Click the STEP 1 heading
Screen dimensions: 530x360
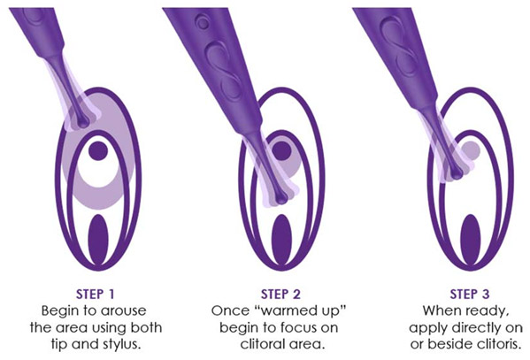tap(96, 294)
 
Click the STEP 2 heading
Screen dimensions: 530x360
tap(280, 294)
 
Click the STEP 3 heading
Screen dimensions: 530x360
tap(470, 294)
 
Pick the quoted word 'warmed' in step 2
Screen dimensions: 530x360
tap(285, 310)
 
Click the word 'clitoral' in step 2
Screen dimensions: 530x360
tap(264, 344)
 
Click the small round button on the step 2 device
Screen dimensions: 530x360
tap(203, 23)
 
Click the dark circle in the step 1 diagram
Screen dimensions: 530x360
tap(98, 150)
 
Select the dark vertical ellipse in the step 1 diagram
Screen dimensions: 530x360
tap(97, 239)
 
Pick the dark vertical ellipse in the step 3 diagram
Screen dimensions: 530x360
tap(471, 239)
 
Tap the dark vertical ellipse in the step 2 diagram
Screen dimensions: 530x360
tap(281, 239)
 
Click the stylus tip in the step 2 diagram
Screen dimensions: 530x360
tap(281, 199)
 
